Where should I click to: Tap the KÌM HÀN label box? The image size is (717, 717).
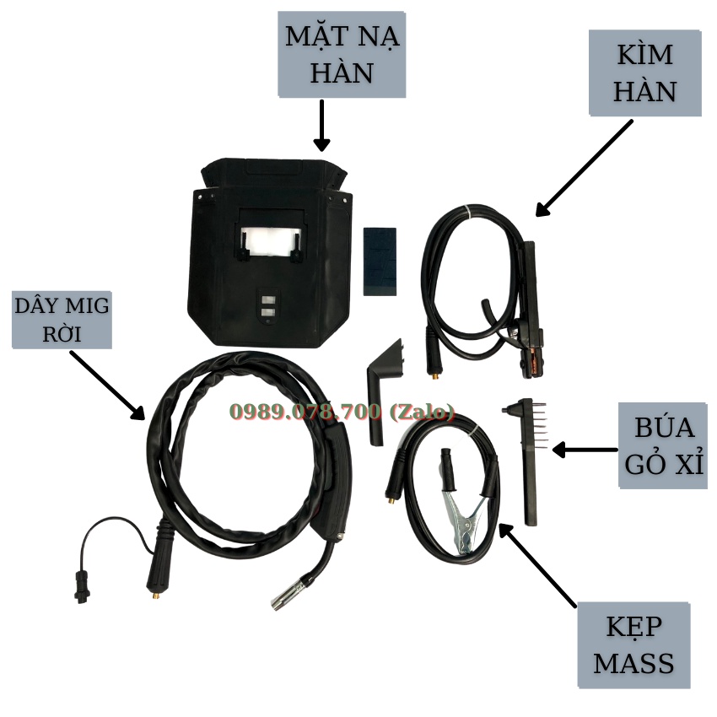[644, 73]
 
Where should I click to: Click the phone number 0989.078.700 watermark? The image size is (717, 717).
[342, 412]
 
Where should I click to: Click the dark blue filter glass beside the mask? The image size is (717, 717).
[380, 260]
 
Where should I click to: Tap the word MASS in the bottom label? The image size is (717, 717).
[633, 663]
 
